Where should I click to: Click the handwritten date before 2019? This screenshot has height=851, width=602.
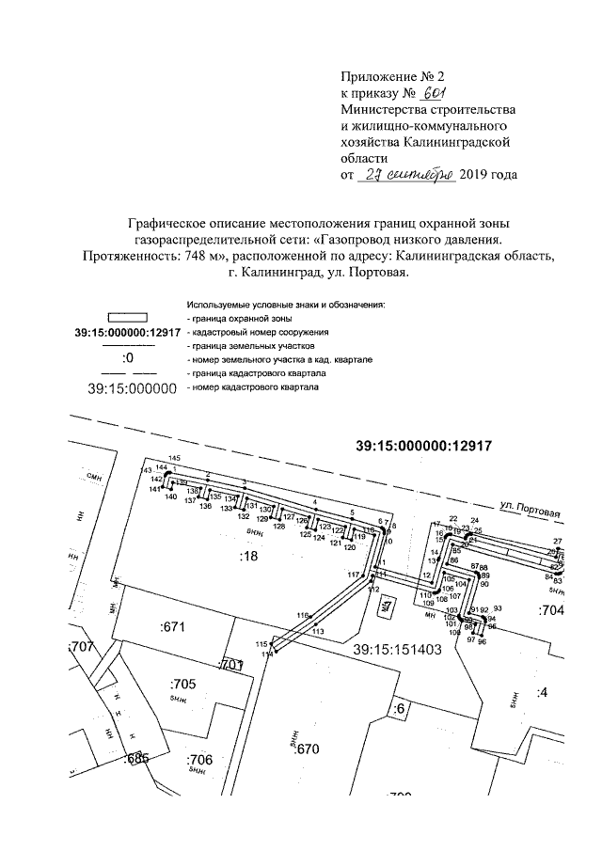[407, 174]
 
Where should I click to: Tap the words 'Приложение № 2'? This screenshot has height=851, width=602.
[385, 76]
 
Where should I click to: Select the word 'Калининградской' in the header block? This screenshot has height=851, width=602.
[457, 141]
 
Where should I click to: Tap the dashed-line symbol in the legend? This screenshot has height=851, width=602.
[127, 373]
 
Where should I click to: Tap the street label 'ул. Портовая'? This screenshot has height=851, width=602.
[531, 512]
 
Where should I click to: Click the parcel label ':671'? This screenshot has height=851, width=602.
[177, 626]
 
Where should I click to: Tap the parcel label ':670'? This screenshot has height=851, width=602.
[309, 749]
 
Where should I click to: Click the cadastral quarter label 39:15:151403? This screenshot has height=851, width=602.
[397, 649]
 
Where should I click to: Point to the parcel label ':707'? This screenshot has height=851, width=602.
[83, 647]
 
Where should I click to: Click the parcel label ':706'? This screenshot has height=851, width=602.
[200, 760]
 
